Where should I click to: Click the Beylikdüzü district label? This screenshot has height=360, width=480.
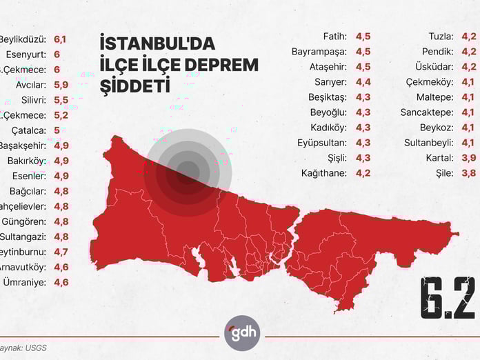pyautogui.click(x=23, y=39)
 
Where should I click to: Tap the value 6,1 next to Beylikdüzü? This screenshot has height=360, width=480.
pyautogui.click(x=60, y=39)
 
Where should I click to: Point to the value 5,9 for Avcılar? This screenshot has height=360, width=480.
pyautogui.click(x=61, y=85)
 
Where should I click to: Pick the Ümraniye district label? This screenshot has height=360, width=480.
pyautogui.click(x=25, y=282)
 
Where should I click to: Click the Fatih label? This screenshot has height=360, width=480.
pyautogui.click(x=334, y=36)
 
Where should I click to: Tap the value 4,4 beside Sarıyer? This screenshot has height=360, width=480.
pyautogui.click(x=363, y=81)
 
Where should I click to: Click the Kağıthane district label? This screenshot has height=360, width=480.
pyautogui.click(x=323, y=172)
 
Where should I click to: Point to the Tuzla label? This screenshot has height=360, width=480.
pyautogui.click(x=440, y=36)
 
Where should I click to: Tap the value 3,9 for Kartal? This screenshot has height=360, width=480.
pyautogui.click(x=469, y=157)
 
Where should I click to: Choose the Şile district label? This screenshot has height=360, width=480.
pyautogui.click(x=443, y=172)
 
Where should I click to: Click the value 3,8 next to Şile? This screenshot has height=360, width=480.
pyautogui.click(x=469, y=172)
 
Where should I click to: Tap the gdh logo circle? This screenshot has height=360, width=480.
pyautogui.click(x=241, y=333)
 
